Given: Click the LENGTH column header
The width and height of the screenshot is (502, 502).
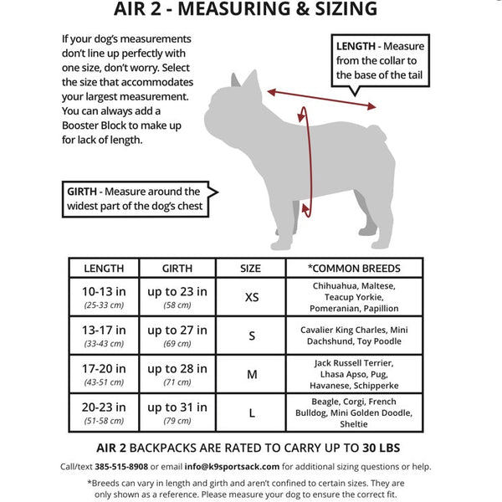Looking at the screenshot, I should point(105,269).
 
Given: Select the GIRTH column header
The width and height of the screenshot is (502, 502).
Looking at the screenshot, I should point(177,269).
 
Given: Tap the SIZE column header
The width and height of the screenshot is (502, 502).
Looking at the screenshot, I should point(250,269).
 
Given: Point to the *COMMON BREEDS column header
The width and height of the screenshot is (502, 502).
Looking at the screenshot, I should point(353,269).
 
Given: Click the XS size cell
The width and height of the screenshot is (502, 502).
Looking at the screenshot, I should point(251,297).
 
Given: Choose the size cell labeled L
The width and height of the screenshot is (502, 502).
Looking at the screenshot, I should point(251,413).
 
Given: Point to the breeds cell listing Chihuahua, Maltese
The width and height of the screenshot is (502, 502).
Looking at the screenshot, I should point(353,297).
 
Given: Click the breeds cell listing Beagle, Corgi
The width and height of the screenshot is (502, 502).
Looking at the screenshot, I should point(353,413).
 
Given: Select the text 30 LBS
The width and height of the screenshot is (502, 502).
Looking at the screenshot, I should point(381,448).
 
